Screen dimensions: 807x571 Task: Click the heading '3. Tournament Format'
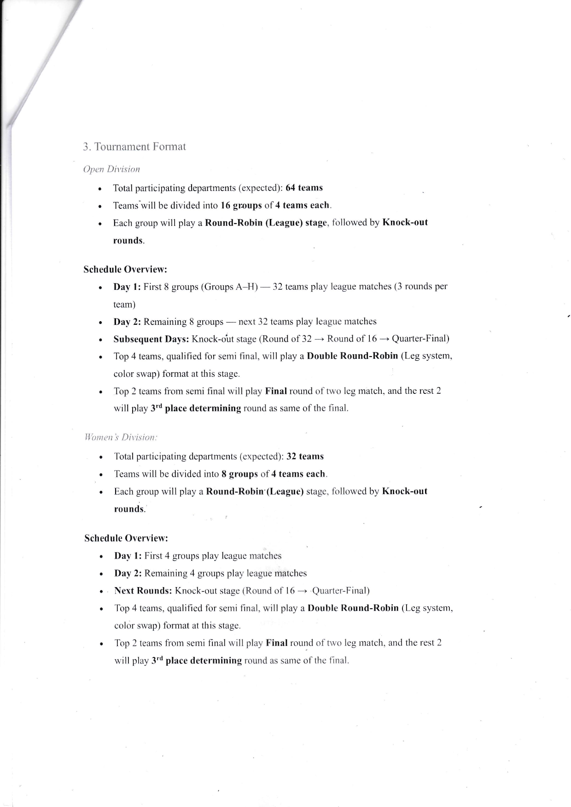pyautogui.click(x=134, y=147)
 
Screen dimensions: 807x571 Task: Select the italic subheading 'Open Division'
pyautogui.click(x=111, y=169)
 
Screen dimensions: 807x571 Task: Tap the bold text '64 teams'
pyautogui.click(x=304, y=188)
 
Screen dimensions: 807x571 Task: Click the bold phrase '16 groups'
pyautogui.click(x=241, y=205)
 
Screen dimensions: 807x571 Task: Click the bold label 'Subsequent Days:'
pyautogui.click(x=151, y=340)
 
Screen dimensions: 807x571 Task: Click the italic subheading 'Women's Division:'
pyautogui.click(x=121, y=438)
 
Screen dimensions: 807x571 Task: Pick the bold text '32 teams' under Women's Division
pyautogui.click(x=305, y=456)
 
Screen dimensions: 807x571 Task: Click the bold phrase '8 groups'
pyautogui.click(x=239, y=474)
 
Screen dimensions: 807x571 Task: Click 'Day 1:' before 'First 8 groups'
pyautogui.click(x=127, y=287)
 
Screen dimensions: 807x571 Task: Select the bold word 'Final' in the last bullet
pyautogui.click(x=277, y=643)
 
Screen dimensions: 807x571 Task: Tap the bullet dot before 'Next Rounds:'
pyautogui.click(x=100, y=592)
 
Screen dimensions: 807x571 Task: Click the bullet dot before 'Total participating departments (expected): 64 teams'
pyautogui.click(x=99, y=189)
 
